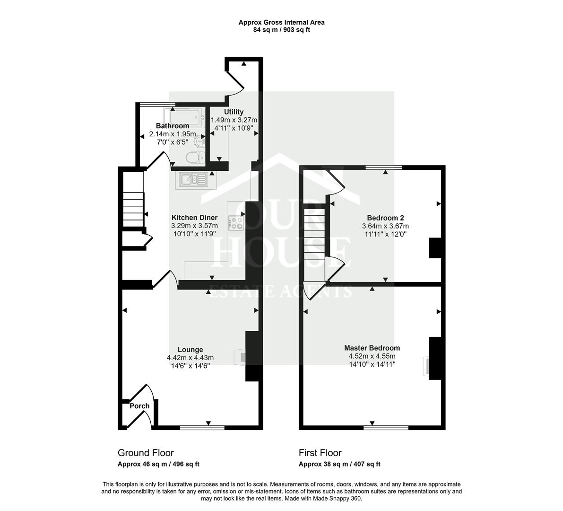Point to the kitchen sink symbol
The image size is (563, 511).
[x=193, y=179]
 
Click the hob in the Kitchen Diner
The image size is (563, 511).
[x=236, y=222]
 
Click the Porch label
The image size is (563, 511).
[x=139, y=406]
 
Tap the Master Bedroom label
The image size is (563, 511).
[x=372, y=348]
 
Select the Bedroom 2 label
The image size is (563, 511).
[x=385, y=218]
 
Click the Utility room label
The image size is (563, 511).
[x=234, y=112]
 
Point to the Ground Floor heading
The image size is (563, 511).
[x=146, y=453]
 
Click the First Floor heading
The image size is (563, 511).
[x=320, y=453]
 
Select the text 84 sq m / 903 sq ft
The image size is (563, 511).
[x=281, y=30]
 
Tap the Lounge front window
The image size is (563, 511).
[x=202, y=427]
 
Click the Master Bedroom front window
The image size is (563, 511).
[x=385, y=427]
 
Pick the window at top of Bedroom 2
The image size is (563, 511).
[x=383, y=167]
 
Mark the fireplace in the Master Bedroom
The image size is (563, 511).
[x=427, y=366]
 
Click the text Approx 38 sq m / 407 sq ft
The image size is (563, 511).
[x=339, y=464]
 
